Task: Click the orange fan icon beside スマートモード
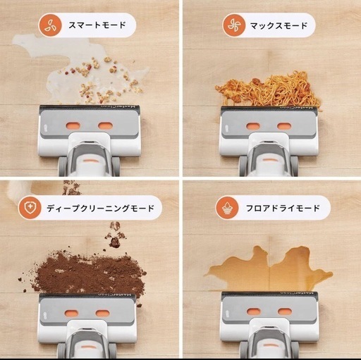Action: [50, 25]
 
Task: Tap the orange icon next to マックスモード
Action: [234, 25]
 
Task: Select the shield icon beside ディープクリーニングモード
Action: [30, 208]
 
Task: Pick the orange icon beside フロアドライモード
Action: [227, 208]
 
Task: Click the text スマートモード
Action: [97, 25]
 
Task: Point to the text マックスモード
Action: [279, 25]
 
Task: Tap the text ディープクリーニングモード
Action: [100, 209]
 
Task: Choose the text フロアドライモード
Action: [283, 208]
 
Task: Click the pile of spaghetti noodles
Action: [269, 90]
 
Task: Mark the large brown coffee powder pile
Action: [90, 273]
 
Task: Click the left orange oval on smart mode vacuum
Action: [73, 126]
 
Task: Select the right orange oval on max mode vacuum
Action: [284, 126]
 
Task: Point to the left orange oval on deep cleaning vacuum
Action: [71, 314]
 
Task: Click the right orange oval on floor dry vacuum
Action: [285, 312]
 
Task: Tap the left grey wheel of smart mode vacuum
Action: [63, 166]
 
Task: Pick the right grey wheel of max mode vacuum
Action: [294, 166]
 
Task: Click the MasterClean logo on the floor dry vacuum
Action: [297, 293]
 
